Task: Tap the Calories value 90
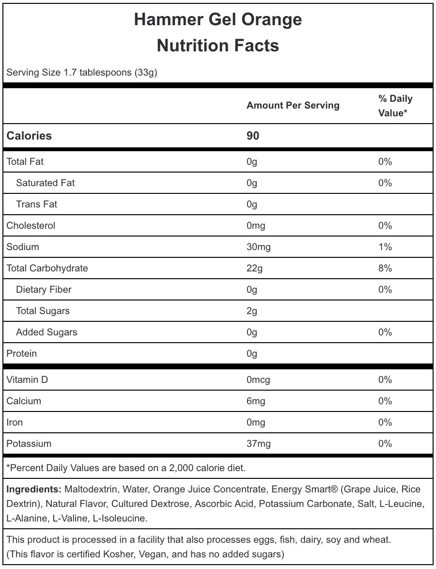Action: (253, 136)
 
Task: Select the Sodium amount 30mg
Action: (258, 247)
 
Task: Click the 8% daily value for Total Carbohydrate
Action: (385, 269)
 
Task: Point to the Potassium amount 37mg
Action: (258, 444)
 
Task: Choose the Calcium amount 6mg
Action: (256, 401)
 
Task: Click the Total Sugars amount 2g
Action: (252, 311)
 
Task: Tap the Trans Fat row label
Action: (36, 205)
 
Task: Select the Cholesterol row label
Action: (31, 226)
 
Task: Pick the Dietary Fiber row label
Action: (44, 290)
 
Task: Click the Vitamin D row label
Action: (27, 380)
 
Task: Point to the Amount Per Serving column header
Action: (293, 106)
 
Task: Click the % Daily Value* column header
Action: (395, 106)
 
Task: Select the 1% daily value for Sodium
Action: (385, 247)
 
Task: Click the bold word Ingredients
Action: (34, 490)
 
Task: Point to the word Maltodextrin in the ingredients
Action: (91, 490)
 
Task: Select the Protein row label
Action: (21, 354)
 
